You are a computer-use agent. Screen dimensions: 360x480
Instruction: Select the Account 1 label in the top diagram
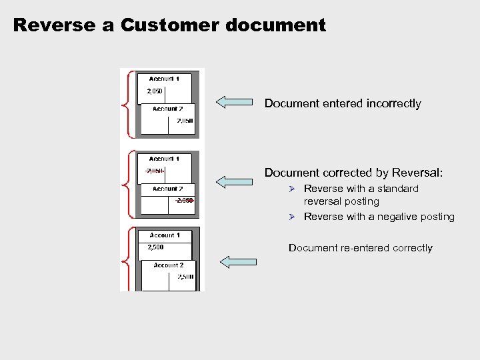click(164, 79)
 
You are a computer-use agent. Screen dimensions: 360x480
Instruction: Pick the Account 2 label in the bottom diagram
click(168, 265)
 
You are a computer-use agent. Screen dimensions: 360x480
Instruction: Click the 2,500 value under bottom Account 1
click(155, 247)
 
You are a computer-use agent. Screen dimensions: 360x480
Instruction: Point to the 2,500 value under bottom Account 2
click(185, 277)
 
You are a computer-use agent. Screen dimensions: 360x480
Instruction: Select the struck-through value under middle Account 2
click(184, 201)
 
